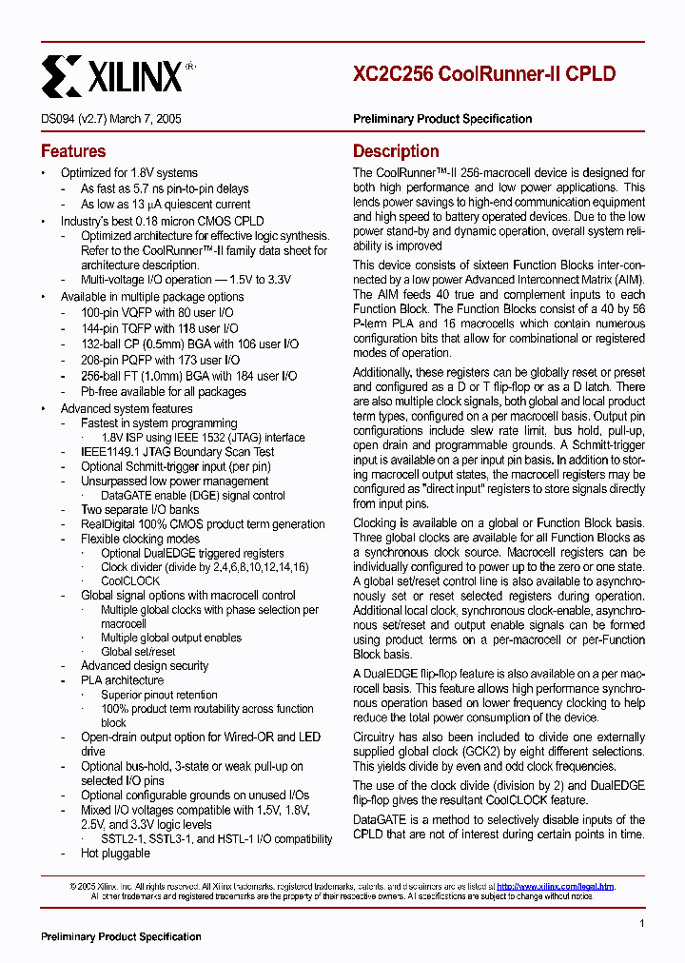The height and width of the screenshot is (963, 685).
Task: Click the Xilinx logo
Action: click(x=112, y=74)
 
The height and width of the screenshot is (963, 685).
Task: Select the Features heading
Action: click(x=73, y=151)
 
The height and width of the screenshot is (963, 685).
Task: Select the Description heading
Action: click(x=396, y=151)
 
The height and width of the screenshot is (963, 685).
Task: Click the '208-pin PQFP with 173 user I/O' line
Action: click(x=160, y=361)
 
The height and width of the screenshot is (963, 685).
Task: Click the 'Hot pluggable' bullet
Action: click(x=115, y=854)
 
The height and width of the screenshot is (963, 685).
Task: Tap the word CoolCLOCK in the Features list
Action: click(x=130, y=581)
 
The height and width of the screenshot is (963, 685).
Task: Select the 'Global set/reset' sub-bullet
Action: click(x=138, y=652)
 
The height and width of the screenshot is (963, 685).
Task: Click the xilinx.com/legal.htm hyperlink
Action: click(x=556, y=887)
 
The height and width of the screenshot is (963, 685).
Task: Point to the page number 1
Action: click(x=642, y=923)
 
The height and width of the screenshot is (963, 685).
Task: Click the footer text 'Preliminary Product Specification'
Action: click(x=121, y=937)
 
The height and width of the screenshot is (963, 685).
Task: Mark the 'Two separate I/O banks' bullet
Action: click(x=140, y=510)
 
